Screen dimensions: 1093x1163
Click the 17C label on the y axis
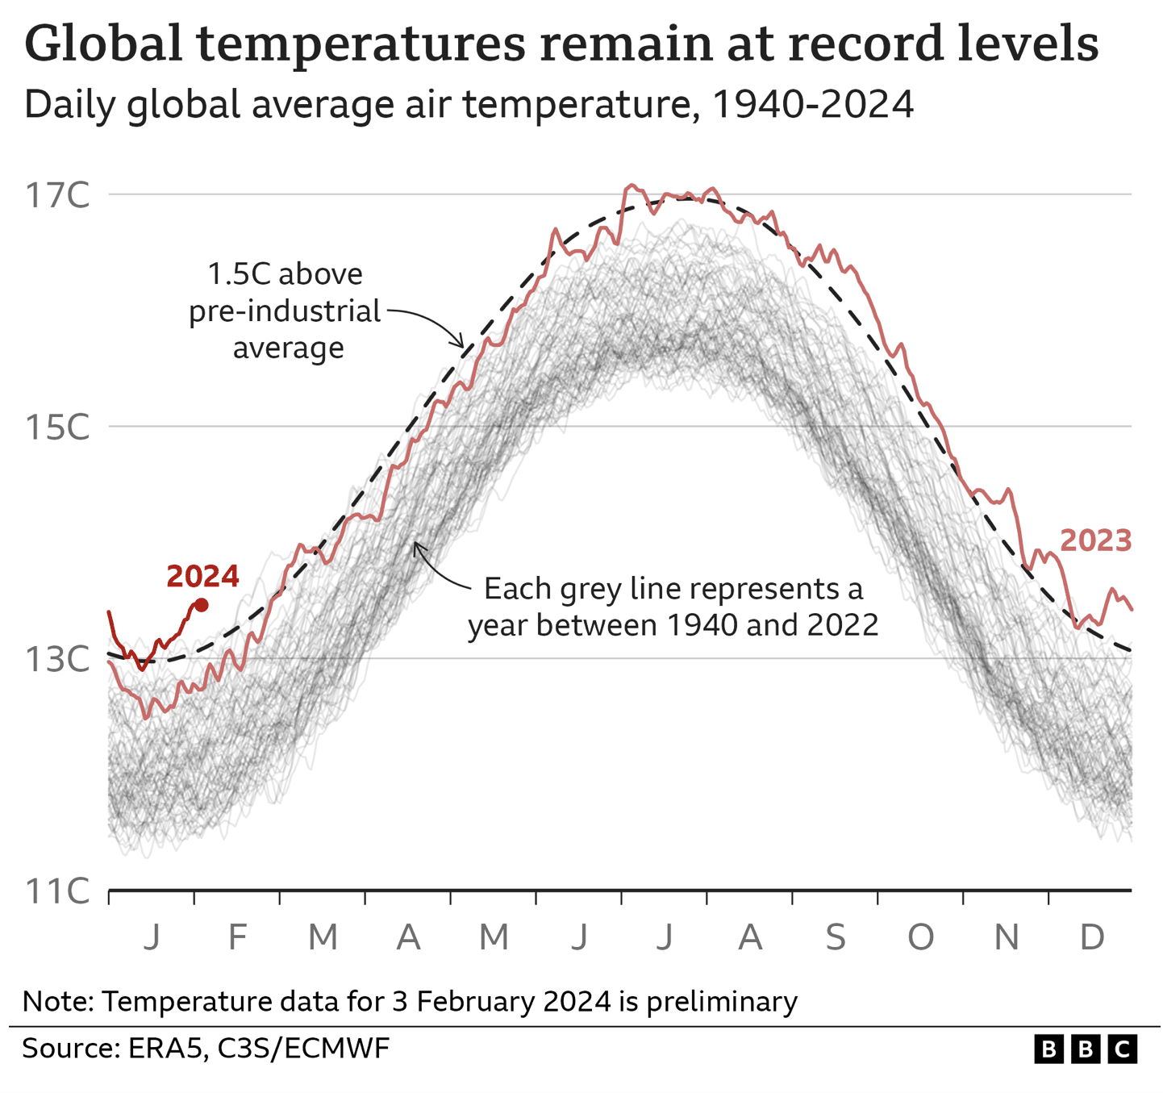57,195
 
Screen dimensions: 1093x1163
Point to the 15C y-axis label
57,428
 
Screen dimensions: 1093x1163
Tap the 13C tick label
57,660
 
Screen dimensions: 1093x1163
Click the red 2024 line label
202,576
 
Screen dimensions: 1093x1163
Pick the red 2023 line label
1095,540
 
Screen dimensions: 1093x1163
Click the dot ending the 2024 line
202,605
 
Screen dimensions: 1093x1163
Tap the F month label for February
237,937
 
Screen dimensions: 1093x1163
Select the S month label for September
836,937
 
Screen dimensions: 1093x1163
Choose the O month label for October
921,937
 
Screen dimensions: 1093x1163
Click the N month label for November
1007,937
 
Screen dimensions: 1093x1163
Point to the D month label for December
1091,937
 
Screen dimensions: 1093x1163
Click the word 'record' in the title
865,44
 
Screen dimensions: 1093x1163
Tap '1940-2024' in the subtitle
813,105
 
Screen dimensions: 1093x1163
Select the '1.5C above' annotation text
286,274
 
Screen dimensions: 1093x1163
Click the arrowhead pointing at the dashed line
462,344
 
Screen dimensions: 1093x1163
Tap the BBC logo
1086,1049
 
